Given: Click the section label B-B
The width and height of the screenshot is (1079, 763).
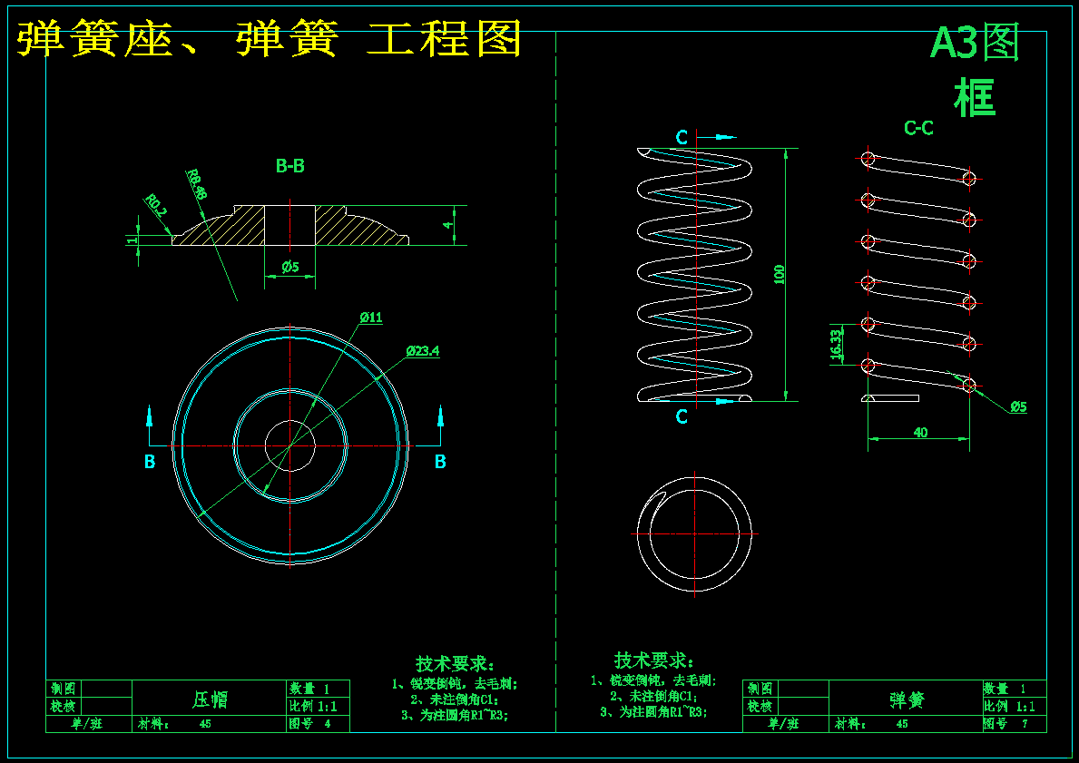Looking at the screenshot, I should point(289,166).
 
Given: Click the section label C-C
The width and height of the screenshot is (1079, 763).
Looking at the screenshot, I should point(918,129).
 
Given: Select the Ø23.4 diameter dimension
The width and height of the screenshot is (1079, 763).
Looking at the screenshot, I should point(423,350).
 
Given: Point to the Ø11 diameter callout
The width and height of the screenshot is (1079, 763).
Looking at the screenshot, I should point(371,318).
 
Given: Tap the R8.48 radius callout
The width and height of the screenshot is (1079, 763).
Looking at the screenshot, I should point(197,182).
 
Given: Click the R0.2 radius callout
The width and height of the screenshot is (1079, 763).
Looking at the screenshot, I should point(157,205).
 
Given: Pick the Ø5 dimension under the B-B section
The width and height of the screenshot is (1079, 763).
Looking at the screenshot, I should point(290,267).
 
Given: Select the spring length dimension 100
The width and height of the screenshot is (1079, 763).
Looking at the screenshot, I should point(779,274).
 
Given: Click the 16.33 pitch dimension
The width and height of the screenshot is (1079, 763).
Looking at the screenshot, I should point(836,345).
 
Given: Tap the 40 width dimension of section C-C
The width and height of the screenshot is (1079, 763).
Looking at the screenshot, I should point(919,433).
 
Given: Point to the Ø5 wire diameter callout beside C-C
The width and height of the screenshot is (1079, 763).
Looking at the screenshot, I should point(1017,406).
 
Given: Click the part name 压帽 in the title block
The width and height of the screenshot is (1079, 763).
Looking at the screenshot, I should point(210,699).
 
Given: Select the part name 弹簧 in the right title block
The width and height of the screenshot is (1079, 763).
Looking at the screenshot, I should point(907,699).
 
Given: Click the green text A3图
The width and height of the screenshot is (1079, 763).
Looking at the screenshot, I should point(975,43).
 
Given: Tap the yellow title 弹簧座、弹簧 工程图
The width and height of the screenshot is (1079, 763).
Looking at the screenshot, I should point(270,40).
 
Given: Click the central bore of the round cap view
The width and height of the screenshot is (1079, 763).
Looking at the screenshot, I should point(289,445).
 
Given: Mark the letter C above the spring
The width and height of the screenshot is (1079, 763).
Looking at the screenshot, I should point(682,137).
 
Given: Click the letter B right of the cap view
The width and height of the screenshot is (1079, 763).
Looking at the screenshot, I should point(440,462).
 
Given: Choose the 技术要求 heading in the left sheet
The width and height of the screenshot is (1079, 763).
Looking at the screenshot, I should point(453,664).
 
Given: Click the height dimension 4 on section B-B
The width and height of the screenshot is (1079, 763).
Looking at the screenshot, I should point(446,225).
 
